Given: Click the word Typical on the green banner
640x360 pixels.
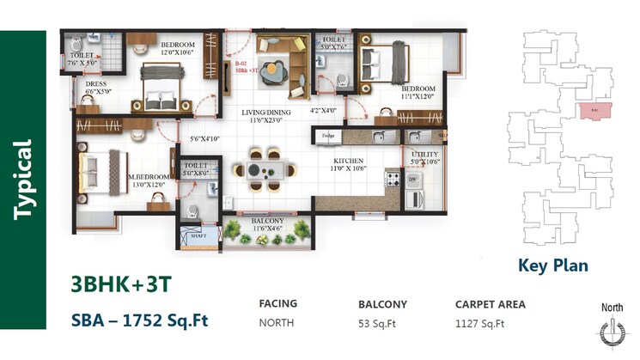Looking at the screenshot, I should (23, 180).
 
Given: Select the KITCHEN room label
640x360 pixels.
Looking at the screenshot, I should (349, 161).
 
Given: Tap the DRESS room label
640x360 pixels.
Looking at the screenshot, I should (96, 83).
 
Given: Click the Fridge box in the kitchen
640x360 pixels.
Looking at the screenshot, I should (327, 136).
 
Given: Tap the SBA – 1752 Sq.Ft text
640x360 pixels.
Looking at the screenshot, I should (139, 320).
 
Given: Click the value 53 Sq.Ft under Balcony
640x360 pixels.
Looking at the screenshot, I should (378, 324).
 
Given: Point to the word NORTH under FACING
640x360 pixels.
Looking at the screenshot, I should (277, 324).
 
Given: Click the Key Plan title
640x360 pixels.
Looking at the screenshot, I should (553, 265).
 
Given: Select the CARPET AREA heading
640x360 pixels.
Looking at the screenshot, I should (490, 304).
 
